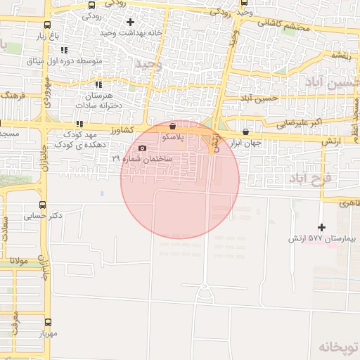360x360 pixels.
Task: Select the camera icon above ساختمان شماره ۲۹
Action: [x=143, y=148]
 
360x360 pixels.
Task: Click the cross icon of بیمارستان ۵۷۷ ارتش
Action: [x=322, y=227]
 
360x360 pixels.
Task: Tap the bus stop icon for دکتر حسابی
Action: [x=42, y=205]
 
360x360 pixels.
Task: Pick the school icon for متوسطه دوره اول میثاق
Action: [x=64, y=50]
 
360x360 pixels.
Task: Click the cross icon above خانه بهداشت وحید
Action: [x=130, y=22]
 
